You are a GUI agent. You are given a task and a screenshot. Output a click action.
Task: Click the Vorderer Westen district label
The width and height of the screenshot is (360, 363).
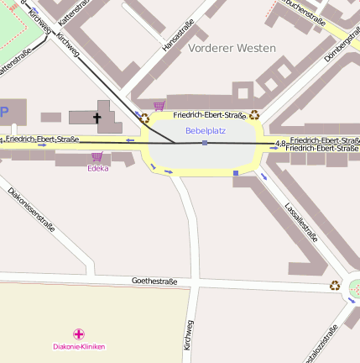(232, 48)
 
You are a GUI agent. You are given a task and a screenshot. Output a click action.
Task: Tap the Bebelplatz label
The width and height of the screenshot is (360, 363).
(206, 130)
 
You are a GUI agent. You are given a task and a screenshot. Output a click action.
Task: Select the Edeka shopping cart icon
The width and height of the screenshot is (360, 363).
(97, 156)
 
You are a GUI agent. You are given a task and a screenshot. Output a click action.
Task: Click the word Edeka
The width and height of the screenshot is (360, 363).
(98, 168)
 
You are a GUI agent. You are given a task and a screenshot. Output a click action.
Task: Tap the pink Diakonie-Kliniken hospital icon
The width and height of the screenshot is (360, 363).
(79, 334)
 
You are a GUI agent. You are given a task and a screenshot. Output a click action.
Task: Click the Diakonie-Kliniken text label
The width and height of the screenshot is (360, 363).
(79, 346)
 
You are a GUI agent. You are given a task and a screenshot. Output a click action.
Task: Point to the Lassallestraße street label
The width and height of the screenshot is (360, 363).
(300, 220)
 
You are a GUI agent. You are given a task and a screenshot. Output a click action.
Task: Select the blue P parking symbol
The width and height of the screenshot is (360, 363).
(4, 112)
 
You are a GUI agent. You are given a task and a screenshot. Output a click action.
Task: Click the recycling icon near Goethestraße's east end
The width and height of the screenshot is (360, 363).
(335, 286)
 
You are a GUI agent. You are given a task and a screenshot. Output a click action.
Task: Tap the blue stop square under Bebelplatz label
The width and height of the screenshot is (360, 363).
(205, 144)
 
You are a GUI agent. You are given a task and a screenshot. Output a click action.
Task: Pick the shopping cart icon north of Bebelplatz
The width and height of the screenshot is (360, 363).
(159, 106)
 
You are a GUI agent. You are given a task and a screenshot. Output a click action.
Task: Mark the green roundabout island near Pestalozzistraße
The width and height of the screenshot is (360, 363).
(355, 287)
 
